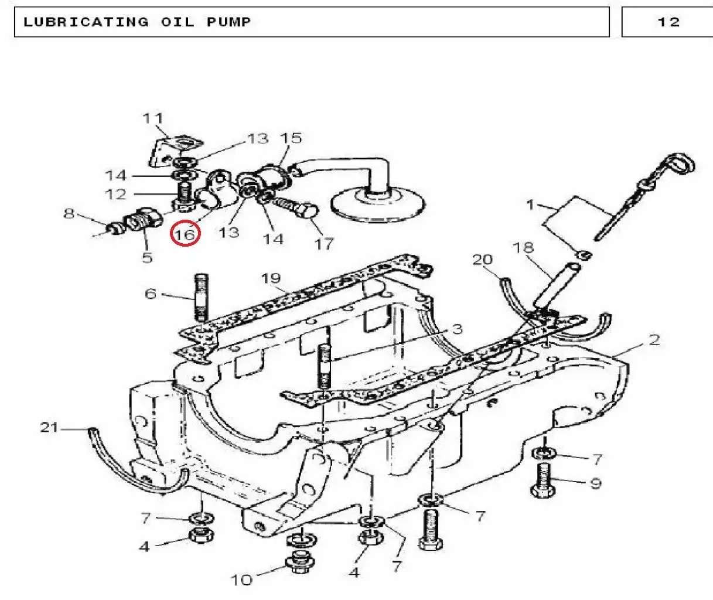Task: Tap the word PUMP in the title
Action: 229,22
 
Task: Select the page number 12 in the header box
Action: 668,22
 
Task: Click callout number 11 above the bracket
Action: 153,118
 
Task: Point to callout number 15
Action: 291,138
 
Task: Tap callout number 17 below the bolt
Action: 324,244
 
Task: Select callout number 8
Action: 69,213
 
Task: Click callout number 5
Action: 147,257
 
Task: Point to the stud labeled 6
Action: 201,298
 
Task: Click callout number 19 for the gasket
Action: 271,278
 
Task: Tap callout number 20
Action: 482,260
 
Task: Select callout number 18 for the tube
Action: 523,248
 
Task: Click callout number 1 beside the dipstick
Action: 530,205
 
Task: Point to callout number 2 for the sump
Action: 654,340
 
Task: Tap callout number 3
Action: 457,329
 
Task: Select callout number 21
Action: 49,427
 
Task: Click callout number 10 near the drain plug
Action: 241,580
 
